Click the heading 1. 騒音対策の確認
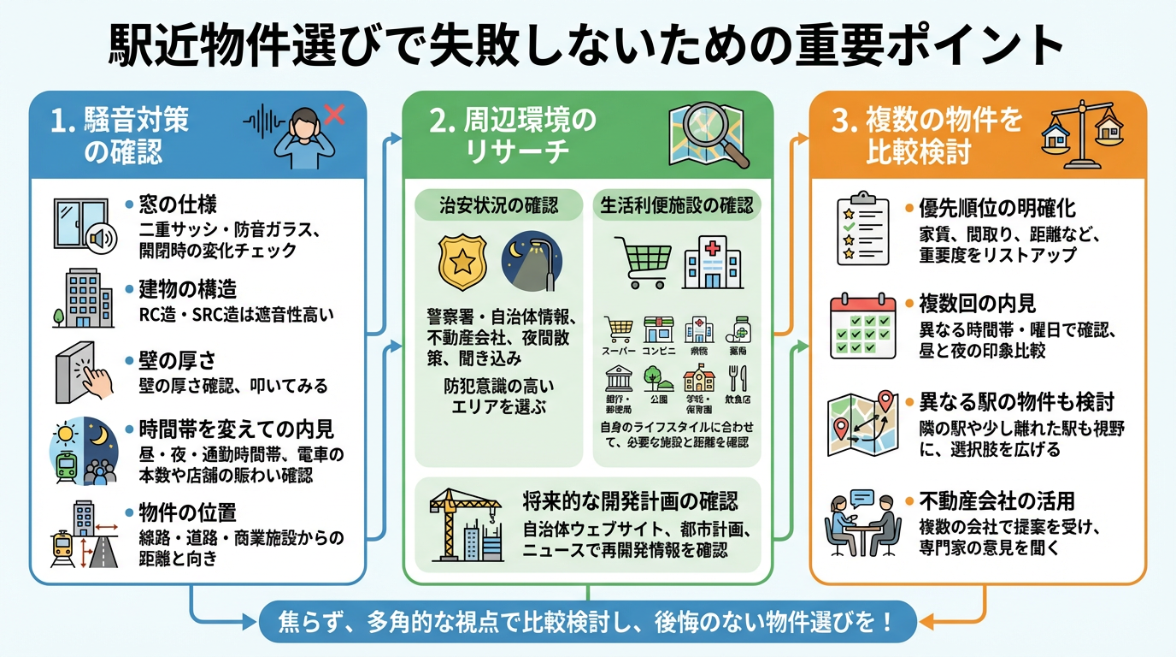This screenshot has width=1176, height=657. tap(120, 135)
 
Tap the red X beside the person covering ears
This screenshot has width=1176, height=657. tap(334, 114)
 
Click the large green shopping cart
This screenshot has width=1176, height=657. tap(642, 262)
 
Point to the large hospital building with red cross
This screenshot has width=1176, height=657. tap(711, 262)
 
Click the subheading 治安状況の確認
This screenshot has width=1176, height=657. tap(499, 205)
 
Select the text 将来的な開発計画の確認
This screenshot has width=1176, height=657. tap(630, 500)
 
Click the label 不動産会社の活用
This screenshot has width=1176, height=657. tap(996, 501)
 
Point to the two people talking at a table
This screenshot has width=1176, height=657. tap(861, 521)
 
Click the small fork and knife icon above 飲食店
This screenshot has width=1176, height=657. tap(738, 378)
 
